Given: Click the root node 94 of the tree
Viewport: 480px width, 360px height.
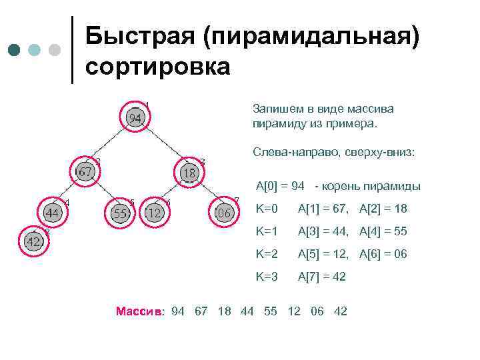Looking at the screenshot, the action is tap(135, 118).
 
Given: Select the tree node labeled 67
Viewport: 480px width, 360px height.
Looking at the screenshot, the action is tap(85, 172).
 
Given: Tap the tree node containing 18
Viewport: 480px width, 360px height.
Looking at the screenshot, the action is tap(190, 173).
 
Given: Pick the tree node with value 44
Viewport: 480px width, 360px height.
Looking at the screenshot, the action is tap(52, 213).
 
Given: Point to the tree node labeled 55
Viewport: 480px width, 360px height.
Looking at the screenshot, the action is tap(120, 213).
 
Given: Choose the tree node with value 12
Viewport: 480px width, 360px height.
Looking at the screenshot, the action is tap(155, 213).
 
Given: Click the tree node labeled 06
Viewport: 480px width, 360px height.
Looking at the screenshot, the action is tap(224, 213).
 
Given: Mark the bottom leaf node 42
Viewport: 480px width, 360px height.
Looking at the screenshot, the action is tap(34, 242).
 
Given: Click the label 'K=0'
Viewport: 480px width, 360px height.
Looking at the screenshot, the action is tap(267, 209).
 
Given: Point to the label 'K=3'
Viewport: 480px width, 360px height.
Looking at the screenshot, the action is tap(267, 276).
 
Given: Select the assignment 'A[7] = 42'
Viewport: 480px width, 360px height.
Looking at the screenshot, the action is tap(321, 276).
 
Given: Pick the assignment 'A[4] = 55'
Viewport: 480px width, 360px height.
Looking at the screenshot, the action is tap(383, 231).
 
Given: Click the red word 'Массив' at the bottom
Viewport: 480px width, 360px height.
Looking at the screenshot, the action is tap(139, 311).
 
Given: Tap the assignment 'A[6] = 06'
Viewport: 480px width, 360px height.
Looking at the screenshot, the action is tap(383, 254).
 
